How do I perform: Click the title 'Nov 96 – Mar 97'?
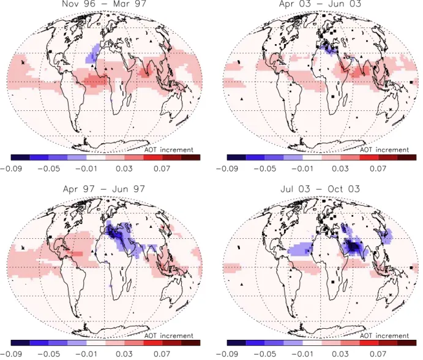[x=104, y=4]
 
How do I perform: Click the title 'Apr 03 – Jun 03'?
[x=320, y=4]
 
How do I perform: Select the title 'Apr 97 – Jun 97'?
[x=104, y=189]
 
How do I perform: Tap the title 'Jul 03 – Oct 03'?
[x=320, y=189]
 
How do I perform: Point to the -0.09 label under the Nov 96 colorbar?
[x=11, y=168]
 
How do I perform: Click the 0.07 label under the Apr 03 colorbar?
[x=378, y=168]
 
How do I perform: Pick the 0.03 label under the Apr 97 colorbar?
[x=124, y=354]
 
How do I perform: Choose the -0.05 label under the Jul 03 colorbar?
[x=265, y=354]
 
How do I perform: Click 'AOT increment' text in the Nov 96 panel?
[x=168, y=150]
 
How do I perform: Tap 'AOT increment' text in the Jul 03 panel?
[x=384, y=336]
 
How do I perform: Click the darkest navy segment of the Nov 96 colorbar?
[x=20, y=157]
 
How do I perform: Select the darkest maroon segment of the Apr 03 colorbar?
[x=407, y=157]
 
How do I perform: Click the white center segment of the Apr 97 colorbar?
[x=95, y=343]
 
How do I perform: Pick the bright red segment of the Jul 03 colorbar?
[x=369, y=343]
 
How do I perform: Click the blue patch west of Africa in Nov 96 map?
[x=92, y=53]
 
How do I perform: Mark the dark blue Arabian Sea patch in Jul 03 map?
[x=353, y=247]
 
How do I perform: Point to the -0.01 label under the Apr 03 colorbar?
[x=302, y=168]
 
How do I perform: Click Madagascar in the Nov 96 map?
[x=130, y=99]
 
